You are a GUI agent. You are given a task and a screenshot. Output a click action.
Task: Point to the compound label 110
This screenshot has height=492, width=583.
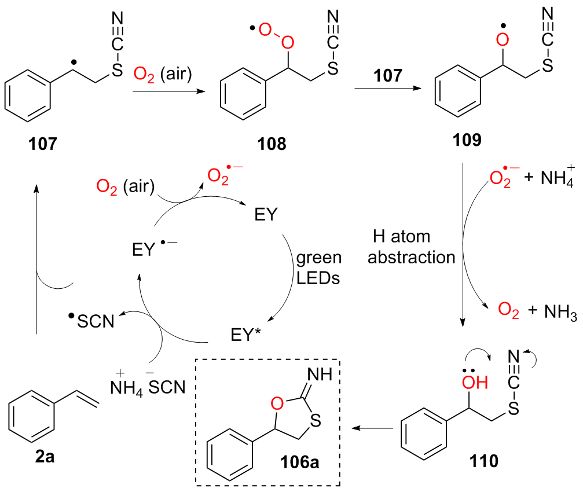(x=482, y=461)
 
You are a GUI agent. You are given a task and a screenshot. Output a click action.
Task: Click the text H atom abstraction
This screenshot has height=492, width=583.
(x=412, y=246)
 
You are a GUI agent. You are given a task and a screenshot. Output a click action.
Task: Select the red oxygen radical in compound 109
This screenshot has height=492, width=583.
(x=503, y=41)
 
